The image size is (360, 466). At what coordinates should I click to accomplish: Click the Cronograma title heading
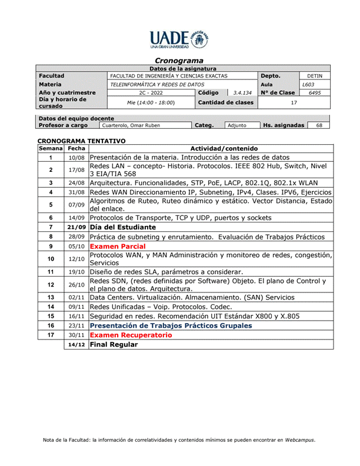[179, 61]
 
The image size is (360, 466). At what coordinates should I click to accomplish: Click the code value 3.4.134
[242, 92]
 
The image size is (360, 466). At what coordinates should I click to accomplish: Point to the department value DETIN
[315, 76]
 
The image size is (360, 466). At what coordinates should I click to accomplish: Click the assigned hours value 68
[319, 125]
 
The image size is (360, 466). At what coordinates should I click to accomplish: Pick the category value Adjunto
[236, 125]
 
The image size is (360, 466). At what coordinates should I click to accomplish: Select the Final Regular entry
[114, 345]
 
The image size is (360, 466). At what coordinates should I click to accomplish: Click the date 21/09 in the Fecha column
[76, 226]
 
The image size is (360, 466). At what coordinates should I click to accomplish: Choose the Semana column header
[51, 149]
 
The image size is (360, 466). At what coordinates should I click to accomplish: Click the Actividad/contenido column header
[211, 149]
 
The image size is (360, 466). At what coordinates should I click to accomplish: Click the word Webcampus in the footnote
[299, 440]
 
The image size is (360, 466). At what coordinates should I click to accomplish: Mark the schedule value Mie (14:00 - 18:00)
[151, 102]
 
